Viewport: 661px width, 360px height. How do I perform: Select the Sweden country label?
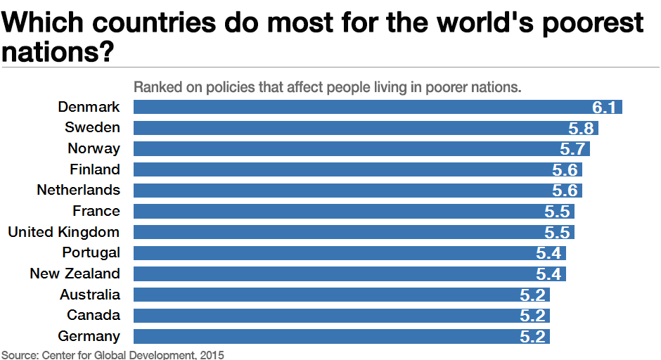coord(92,127)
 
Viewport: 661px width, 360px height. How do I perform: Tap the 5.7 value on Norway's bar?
coord(573,149)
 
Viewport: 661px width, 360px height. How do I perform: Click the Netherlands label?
coord(78,190)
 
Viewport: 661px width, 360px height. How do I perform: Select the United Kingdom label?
coord(63,232)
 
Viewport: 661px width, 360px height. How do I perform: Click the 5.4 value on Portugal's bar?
coord(549,253)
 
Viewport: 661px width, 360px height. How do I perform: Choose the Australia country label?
coord(89,295)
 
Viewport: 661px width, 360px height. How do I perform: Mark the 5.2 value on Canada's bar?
coord(533,316)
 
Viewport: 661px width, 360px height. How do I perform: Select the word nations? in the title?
coord(58,53)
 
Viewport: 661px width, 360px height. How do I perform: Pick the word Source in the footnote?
coord(18,354)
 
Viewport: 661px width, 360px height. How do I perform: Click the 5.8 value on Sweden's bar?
coord(582,128)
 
